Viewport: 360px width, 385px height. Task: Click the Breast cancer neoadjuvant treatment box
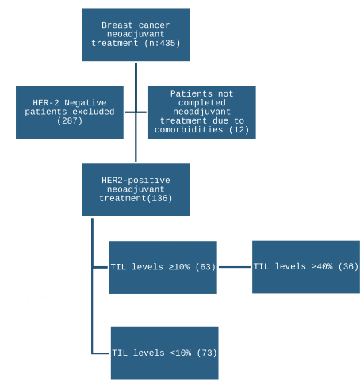[x=136, y=35]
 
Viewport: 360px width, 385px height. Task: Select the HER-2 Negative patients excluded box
[x=70, y=112]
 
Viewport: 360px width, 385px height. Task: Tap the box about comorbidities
[x=202, y=112]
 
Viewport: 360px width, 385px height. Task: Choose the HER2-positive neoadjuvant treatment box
[x=136, y=189]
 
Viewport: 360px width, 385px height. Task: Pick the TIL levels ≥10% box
[x=163, y=267]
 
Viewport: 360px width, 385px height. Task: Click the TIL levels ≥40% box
[x=306, y=267]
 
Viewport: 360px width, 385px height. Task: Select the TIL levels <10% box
[x=164, y=353]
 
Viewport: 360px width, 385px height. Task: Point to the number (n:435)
[x=163, y=43]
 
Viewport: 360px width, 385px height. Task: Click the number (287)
[x=70, y=120]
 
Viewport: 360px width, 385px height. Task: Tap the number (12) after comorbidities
[x=239, y=130]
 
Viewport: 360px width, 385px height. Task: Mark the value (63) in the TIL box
[x=205, y=267]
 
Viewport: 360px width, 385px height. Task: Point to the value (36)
[x=348, y=266]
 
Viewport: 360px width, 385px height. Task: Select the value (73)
[x=207, y=353]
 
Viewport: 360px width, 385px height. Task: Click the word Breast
[x=117, y=25]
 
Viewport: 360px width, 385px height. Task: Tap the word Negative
[x=86, y=102]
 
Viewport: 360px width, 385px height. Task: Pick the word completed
[x=202, y=103]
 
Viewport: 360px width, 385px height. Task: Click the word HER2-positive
[x=136, y=181]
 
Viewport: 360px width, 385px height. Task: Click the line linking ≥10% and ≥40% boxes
[x=235, y=267]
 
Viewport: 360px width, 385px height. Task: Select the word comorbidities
[x=189, y=130]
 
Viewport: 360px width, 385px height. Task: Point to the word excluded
[x=94, y=112]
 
